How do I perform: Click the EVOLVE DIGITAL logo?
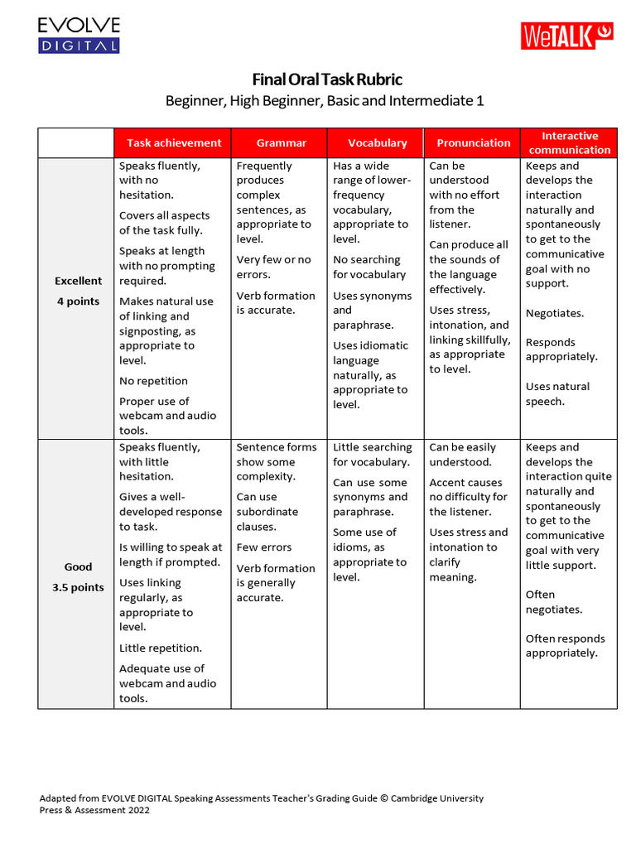coord(79,36)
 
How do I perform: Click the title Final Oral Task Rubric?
coord(327,79)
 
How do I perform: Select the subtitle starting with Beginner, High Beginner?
coord(325,101)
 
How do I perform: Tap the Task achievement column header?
coord(174,142)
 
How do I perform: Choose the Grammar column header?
coord(281,142)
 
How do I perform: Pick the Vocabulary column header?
coord(377,142)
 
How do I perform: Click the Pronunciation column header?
coord(474,142)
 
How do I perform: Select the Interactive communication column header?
coord(569,142)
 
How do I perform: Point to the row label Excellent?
coord(79,281)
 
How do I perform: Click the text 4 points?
coord(78,301)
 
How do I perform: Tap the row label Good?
coord(79,567)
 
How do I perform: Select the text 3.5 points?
coord(78,588)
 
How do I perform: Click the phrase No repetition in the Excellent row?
coord(153,381)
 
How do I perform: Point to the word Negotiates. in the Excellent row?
coord(555,313)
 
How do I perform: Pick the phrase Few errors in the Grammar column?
coord(264,547)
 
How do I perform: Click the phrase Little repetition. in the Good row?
coord(161,648)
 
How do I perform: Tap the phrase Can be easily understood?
coord(462,455)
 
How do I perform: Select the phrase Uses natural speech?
coord(557,393)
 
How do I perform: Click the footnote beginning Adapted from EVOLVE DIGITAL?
coord(261,804)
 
